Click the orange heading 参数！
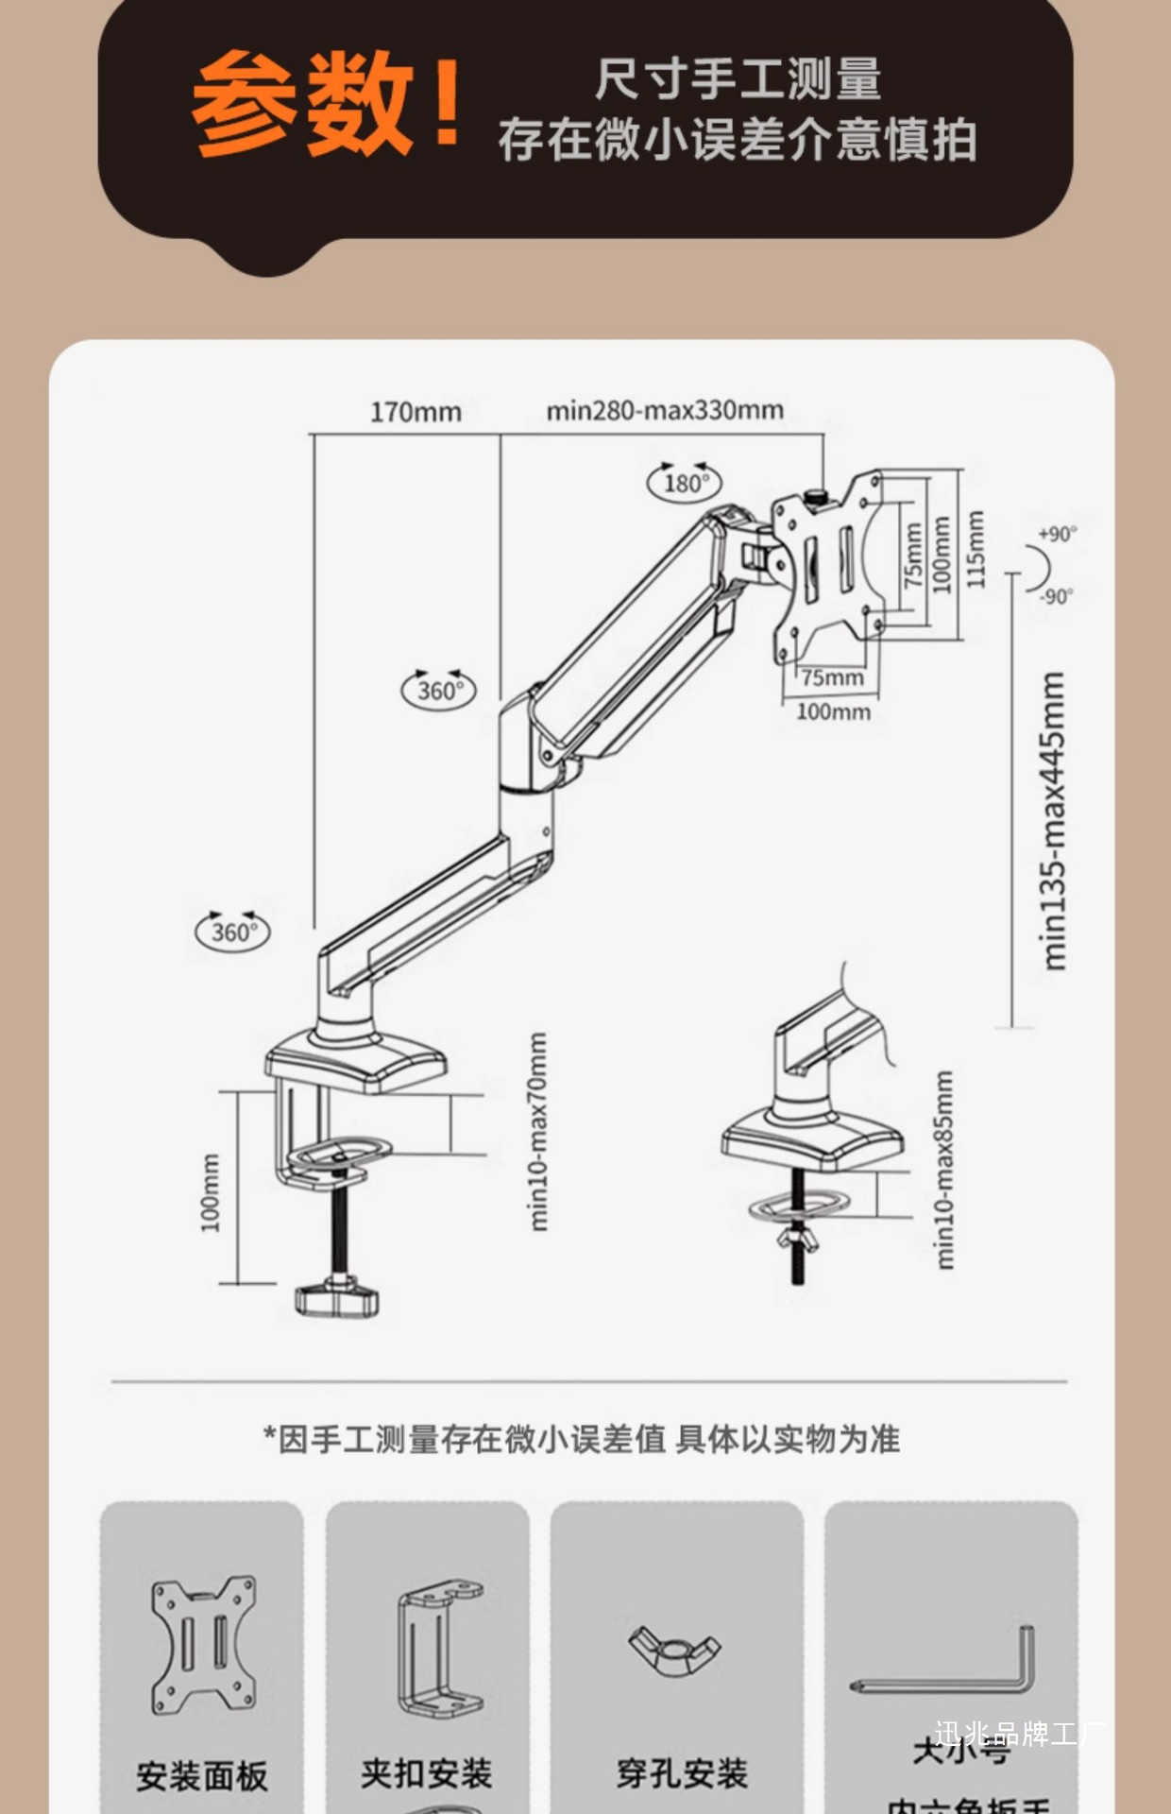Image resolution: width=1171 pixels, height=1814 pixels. pyautogui.click(x=326, y=104)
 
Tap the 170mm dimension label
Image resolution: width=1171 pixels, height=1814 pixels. pyautogui.click(x=416, y=412)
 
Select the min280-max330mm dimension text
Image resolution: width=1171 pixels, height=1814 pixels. pyautogui.click(x=665, y=410)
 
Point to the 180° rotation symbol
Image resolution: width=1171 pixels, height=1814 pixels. pyautogui.click(x=685, y=483)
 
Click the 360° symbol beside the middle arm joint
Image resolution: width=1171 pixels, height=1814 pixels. pyautogui.click(x=440, y=690)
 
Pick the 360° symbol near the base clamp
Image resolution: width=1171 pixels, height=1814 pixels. pyautogui.click(x=232, y=932)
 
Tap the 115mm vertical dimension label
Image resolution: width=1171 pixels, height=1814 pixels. pyautogui.click(x=976, y=549)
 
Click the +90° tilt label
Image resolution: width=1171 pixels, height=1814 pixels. pyautogui.click(x=1057, y=534)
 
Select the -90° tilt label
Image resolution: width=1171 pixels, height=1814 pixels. pyautogui.click(x=1057, y=596)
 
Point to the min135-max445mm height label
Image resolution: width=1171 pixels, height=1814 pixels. pyautogui.click(x=1053, y=820)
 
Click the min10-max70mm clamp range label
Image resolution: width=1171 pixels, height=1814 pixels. pyautogui.click(x=537, y=1131)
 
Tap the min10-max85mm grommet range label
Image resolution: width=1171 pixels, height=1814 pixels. pyautogui.click(x=943, y=1170)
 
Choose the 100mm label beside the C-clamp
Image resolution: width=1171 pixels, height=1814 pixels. pyautogui.click(x=210, y=1192)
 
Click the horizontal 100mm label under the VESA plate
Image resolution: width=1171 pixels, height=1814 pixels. pyautogui.click(x=833, y=711)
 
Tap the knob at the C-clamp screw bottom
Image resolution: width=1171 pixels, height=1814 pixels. pyautogui.click(x=336, y=1298)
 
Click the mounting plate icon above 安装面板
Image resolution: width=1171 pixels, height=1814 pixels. pyautogui.click(x=203, y=1645)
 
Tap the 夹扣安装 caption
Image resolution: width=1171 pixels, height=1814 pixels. pyautogui.click(x=426, y=1773)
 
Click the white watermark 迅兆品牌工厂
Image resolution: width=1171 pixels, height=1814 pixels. pyautogui.click(x=1020, y=1734)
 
